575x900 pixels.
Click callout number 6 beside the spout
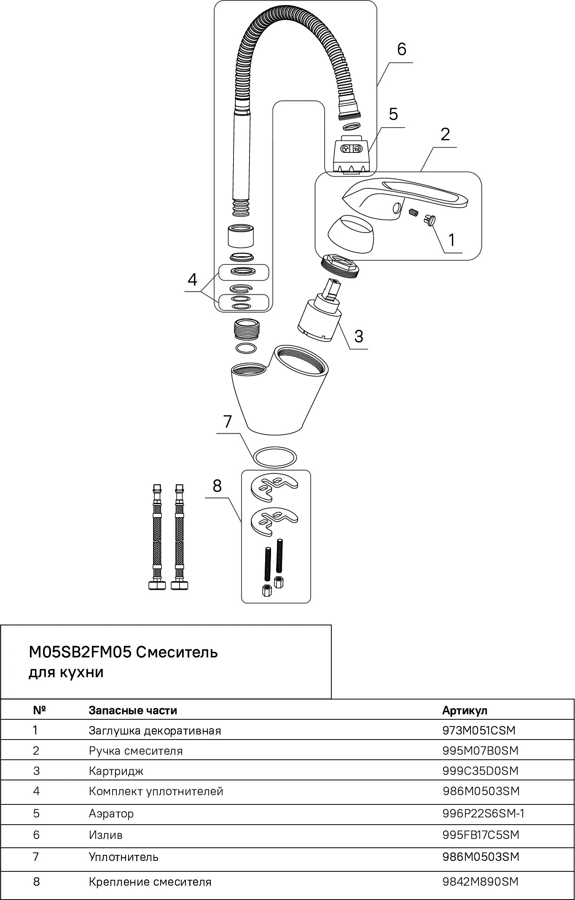(x=401, y=49)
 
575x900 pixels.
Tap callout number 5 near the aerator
(x=393, y=114)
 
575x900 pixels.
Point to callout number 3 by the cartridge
(x=358, y=336)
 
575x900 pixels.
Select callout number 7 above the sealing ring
(x=228, y=421)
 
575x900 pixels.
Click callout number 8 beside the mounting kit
(x=217, y=486)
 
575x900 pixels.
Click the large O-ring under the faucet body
(x=275, y=457)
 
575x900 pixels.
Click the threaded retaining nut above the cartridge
(x=341, y=265)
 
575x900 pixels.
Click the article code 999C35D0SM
(x=480, y=771)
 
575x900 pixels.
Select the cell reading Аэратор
(x=111, y=813)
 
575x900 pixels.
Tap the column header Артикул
(x=465, y=710)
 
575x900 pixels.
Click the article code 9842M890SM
(x=480, y=881)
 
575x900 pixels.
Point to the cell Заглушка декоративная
(x=155, y=730)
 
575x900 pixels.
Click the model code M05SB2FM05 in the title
(x=80, y=652)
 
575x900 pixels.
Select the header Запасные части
(x=133, y=710)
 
